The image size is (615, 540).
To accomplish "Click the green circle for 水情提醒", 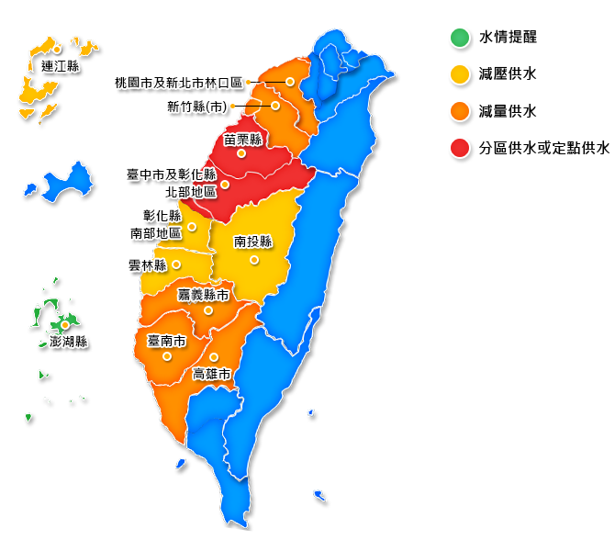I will click(x=459, y=38).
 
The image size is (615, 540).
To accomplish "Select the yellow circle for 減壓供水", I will click(x=459, y=74).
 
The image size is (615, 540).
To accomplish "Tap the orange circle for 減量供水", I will click(x=459, y=111).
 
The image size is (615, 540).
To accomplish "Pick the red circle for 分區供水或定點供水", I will click(x=459, y=148).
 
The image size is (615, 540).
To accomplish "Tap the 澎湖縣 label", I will click(x=68, y=342).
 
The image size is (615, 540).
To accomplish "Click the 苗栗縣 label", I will click(x=242, y=140).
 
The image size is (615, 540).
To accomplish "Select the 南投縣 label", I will click(x=253, y=242).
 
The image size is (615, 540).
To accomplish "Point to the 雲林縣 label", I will click(x=148, y=265).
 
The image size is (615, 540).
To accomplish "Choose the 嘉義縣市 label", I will click(x=203, y=295).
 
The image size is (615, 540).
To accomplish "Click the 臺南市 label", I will click(x=166, y=341).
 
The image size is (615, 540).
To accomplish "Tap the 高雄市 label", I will click(x=211, y=374).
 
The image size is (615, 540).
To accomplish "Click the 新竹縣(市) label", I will click(x=196, y=107).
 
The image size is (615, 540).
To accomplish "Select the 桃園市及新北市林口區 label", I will click(x=179, y=83).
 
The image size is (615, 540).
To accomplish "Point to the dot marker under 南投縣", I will click(x=254, y=260).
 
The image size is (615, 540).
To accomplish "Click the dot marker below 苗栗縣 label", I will click(x=240, y=153).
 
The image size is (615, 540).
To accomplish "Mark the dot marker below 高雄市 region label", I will click(x=213, y=357).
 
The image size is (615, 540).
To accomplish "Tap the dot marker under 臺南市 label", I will click(x=167, y=355).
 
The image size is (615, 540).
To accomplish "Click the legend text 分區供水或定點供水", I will click(x=543, y=148).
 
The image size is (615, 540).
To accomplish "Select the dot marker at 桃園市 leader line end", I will click(x=290, y=82).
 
